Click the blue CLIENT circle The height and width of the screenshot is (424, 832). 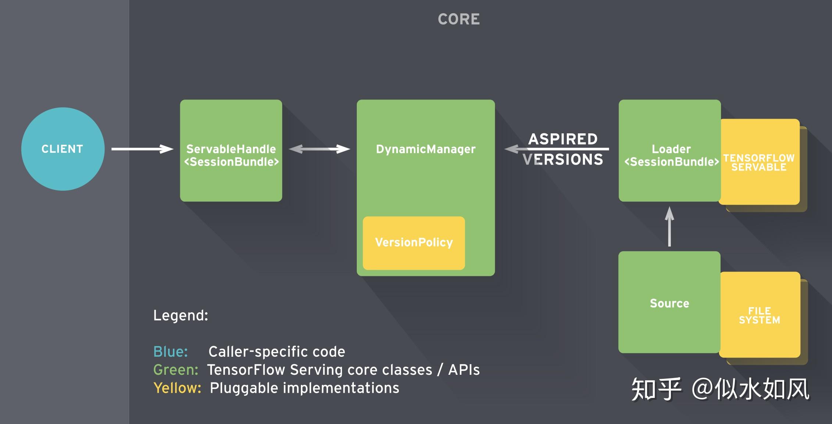point(63,149)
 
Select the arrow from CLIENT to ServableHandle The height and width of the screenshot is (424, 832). point(142,149)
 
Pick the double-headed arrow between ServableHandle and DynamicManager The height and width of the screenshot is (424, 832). point(319,149)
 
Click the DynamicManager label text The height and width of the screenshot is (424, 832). point(426,149)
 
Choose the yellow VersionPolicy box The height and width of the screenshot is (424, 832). point(414,243)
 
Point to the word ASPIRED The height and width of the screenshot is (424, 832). point(563,139)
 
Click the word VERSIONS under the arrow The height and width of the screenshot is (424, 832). point(563,159)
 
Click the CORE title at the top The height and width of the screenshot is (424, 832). point(459,19)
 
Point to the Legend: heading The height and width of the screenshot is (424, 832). point(181,316)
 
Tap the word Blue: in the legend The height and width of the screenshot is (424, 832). point(170,352)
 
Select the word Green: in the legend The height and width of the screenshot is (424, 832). point(175,370)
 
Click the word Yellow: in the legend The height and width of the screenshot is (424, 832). point(177,388)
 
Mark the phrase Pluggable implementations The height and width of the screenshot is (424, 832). point(304,388)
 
